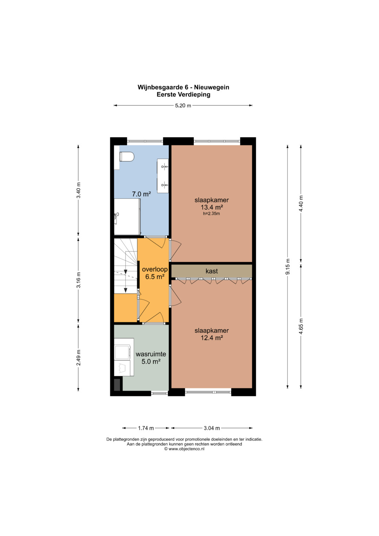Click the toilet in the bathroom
point(127,157)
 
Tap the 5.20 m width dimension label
point(183,106)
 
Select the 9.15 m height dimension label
point(288,266)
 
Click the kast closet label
point(212,271)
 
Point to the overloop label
point(155,269)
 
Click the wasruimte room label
point(151,354)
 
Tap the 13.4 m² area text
point(212,207)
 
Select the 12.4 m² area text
point(212,338)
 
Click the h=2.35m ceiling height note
point(212,213)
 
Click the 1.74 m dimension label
point(146,428)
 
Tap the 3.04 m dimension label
point(212,428)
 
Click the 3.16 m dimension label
point(78,280)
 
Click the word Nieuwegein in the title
point(212,87)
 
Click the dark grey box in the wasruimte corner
point(117,385)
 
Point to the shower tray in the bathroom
point(127,217)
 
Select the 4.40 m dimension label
point(301,203)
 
